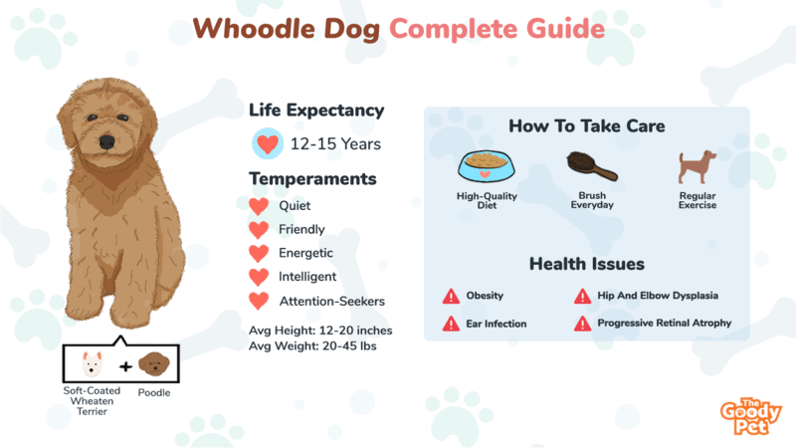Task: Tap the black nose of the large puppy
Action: tap(106, 141)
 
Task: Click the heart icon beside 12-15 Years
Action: tap(268, 143)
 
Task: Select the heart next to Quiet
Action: tap(259, 206)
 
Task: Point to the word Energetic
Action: tap(305, 253)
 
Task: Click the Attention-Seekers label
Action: tap(332, 302)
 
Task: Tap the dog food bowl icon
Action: tap(486, 166)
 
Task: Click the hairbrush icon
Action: tap(591, 166)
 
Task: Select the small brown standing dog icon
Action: tap(697, 166)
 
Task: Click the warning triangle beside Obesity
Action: tap(451, 296)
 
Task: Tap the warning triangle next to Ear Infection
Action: tap(451, 324)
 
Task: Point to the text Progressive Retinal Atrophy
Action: tap(664, 323)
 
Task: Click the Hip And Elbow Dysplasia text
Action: tap(658, 296)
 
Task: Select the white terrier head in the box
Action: tap(92, 363)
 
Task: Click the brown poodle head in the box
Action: tap(154, 363)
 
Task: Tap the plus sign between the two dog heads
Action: tap(125, 366)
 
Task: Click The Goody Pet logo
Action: tap(751, 416)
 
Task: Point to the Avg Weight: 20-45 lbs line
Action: tap(312, 345)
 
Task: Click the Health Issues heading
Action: tap(587, 264)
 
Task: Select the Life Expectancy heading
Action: tap(316, 111)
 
